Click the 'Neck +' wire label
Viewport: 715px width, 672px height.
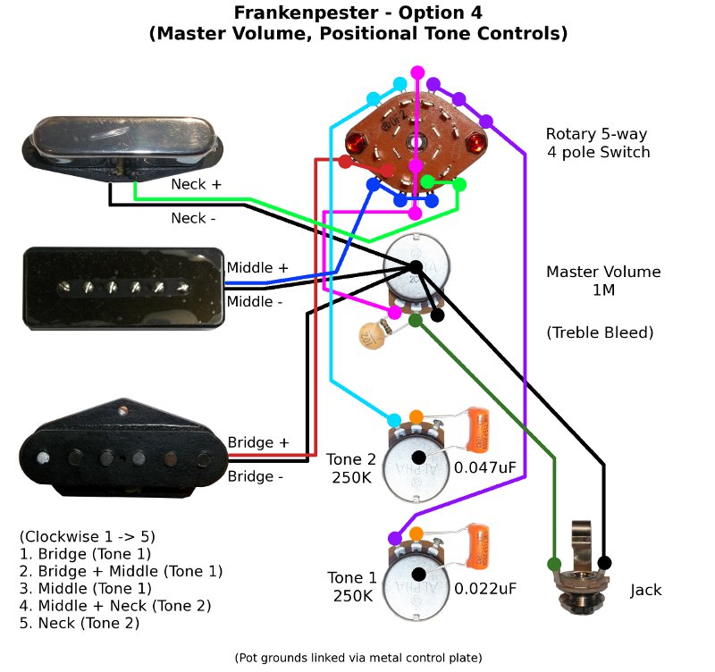click(196, 184)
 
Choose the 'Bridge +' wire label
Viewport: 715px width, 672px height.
click(258, 442)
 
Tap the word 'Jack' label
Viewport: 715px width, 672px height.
click(646, 591)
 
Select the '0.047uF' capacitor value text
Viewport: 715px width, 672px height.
click(484, 467)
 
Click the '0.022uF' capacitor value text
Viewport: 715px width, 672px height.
click(484, 589)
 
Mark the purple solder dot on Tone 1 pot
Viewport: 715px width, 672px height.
click(394, 538)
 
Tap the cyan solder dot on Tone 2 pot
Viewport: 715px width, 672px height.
click(393, 418)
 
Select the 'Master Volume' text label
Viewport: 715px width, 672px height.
click(603, 272)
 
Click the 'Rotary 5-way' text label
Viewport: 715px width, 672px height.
click(596, 134)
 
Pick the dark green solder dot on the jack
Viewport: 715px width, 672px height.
click(554, 563)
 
